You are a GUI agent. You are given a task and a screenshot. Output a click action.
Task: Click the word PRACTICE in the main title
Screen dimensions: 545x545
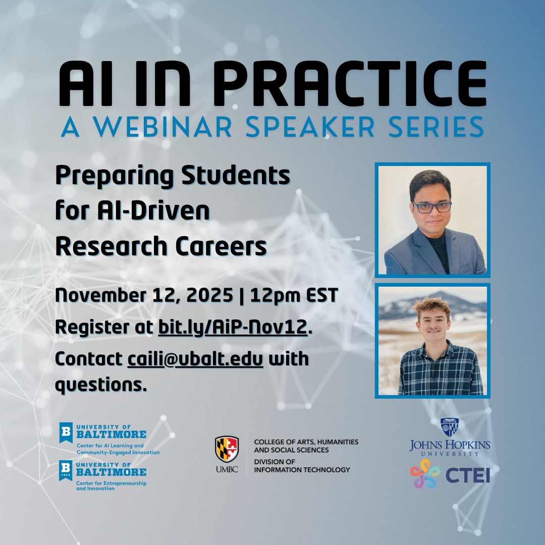click(350, 83)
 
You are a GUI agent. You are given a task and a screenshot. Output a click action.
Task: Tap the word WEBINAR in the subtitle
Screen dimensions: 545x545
click(162, 127)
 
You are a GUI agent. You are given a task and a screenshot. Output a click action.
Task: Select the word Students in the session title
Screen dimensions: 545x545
click(236, 176)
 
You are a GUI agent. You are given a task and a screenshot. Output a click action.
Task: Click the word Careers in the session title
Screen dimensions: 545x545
click(221, 246)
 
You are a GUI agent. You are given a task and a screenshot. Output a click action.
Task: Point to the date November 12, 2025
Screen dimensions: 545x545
click(144, 295)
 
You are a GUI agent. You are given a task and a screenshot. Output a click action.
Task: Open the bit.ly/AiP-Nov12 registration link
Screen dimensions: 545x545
click(233, 328)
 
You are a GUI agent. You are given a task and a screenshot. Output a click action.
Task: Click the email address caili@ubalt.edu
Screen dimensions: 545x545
click(195, 359)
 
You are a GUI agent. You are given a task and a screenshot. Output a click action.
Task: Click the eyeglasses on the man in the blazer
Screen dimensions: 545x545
click(432, 207)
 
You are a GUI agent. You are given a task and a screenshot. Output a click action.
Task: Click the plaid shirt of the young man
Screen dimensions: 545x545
click(441, 372)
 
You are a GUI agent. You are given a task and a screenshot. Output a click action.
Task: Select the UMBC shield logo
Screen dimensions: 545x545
click(227, 449)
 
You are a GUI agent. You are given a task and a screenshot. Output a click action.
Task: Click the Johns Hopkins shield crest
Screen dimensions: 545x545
click(450, 427)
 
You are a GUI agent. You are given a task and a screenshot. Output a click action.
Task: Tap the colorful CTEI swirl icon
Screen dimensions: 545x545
click(425, 473)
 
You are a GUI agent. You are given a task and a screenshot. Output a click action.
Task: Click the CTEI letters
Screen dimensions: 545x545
click(468, 475)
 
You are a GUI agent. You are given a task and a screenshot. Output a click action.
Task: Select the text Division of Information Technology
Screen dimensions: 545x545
click(302, 466)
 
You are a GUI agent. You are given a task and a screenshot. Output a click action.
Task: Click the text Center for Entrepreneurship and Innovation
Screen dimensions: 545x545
click(111, 485)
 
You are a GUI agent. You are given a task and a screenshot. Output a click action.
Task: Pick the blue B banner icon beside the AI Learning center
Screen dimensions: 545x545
click(66, 432)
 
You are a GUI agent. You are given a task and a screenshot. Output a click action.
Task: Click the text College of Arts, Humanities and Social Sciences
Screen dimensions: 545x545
click(306, 446)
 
